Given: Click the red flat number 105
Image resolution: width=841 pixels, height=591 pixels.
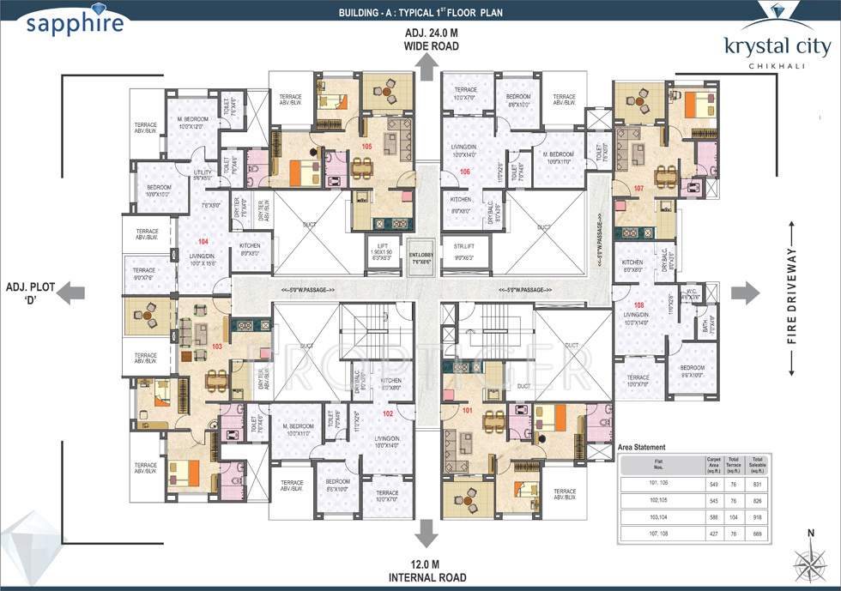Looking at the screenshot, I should [367, 147].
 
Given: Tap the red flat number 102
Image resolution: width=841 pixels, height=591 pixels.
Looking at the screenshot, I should [388, 413].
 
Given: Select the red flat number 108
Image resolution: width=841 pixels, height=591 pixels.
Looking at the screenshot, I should [638, 305].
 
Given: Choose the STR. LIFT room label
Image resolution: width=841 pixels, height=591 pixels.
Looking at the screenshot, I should [463, 251].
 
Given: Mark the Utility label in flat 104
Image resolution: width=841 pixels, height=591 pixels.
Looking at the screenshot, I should [202, 175].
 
